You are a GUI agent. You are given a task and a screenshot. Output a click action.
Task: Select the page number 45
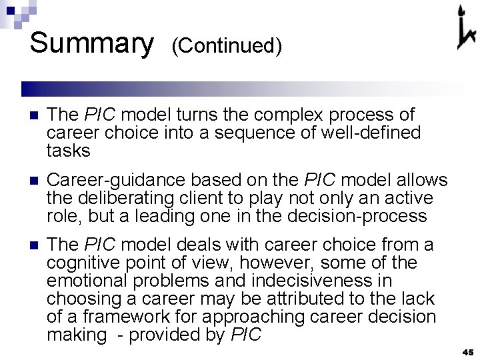tap(467, 352)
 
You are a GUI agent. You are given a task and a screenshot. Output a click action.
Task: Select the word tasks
tap(69, 151)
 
